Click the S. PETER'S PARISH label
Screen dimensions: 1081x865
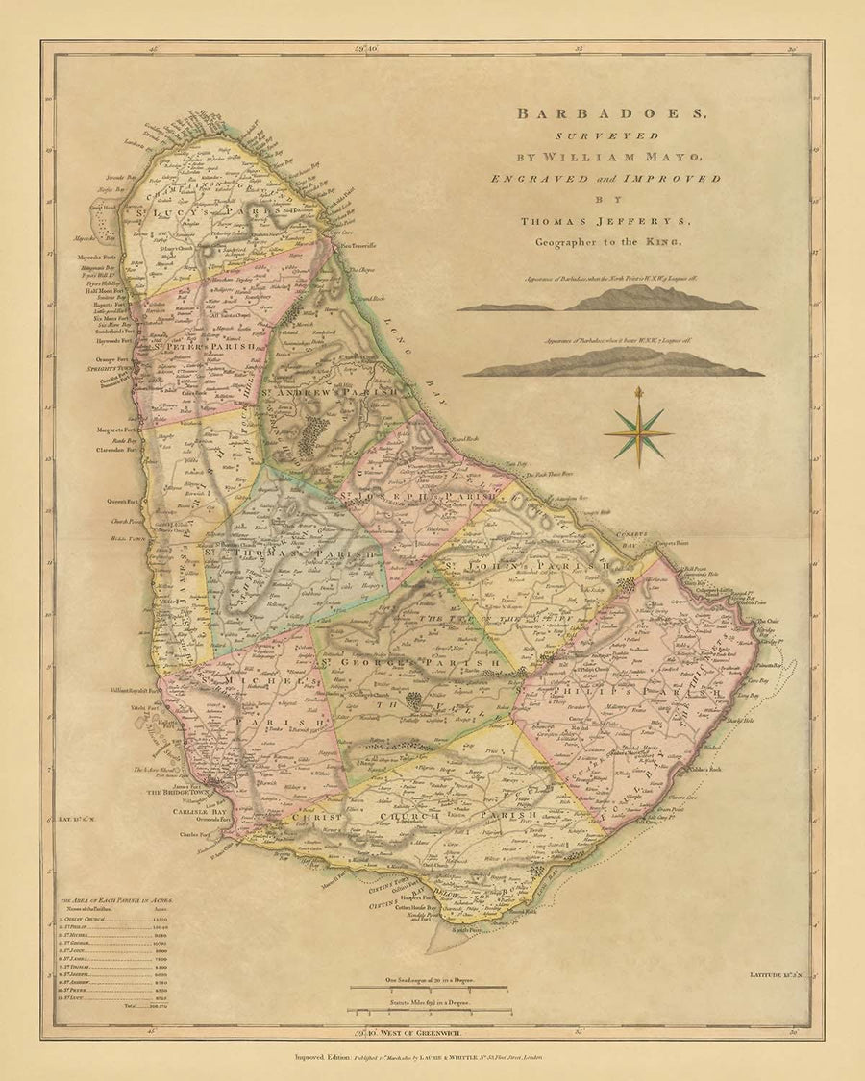(x=205, y=346)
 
